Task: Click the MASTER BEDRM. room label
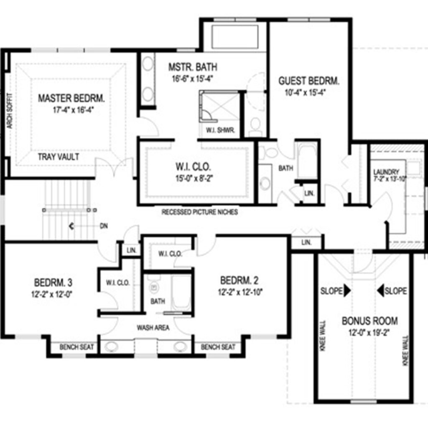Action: (x=71, y=98)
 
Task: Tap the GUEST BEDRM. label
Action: (x=309, y=81)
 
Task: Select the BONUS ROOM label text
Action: (x=369, y=321)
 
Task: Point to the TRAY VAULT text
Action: (x=59, y=157)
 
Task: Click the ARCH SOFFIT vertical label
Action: (x=10, y=111)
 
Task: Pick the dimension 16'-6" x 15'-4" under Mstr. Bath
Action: (x=192, y=79)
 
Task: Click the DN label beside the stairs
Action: (x=104, y=226)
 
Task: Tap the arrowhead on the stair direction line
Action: (x=71, y=226)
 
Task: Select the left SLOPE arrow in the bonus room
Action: (x=347, y=291)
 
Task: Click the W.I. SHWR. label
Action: (x=220, y=130)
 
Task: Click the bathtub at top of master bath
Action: (x=235, y=37)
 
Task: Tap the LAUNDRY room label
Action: (x=386, y=172)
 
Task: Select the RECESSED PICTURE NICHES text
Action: (x=199, y=212)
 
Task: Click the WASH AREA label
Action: (x=153, y=328)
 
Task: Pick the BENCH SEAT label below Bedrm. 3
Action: (x=77, y=347)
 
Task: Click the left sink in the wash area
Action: (x=111, y=347)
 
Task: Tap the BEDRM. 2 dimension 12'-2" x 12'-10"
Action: (x=240, y=292)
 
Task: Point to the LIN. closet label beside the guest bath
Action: (x=309, y=194)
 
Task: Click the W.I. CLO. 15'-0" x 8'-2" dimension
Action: (x=194, y=178)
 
